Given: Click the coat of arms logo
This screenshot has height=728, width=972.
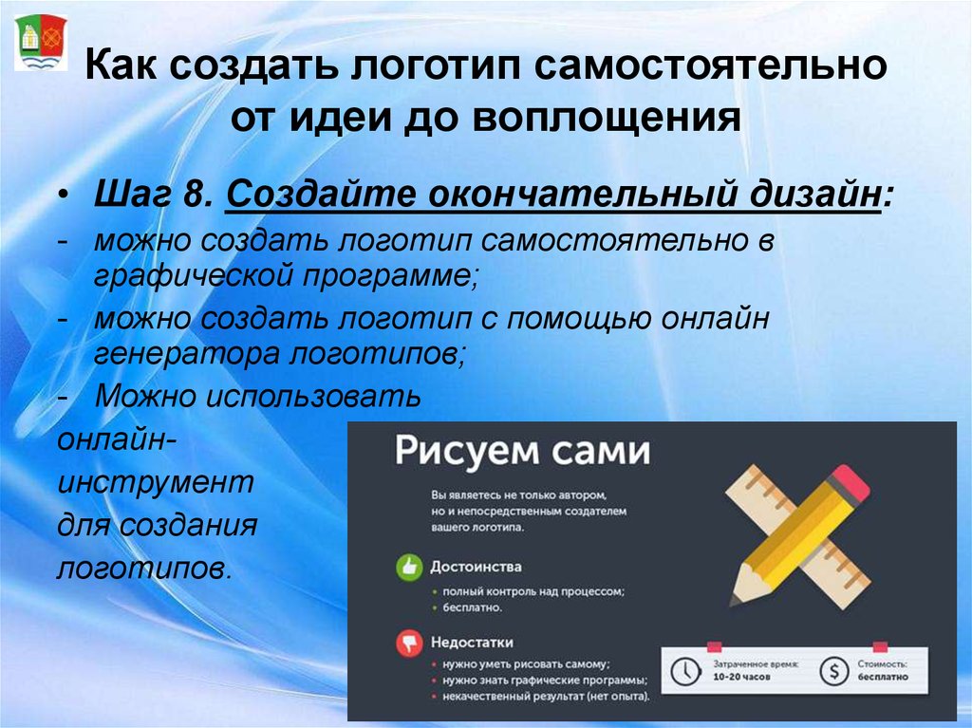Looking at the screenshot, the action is point(40,42).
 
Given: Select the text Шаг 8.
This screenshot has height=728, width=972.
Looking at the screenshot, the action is point(154,194).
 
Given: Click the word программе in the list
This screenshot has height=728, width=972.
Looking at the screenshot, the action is point(390,275).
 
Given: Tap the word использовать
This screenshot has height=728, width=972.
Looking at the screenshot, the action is point(313,396).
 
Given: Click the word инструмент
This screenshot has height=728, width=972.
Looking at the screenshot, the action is point(156,482).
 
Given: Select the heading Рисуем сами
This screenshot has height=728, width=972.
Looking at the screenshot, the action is point(523,451).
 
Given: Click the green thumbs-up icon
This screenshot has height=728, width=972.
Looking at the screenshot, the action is point(409,567).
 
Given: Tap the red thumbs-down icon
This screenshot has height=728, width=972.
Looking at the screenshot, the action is point(409,643).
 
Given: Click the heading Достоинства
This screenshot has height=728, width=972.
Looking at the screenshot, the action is point(477,567).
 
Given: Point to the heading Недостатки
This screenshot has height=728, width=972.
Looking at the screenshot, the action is point(472,643).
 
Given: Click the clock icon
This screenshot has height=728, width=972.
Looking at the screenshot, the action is point(685,671).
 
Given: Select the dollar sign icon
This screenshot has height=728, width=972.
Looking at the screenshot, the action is point(833,671).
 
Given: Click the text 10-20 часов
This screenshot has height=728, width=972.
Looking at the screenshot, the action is point(741,677).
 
